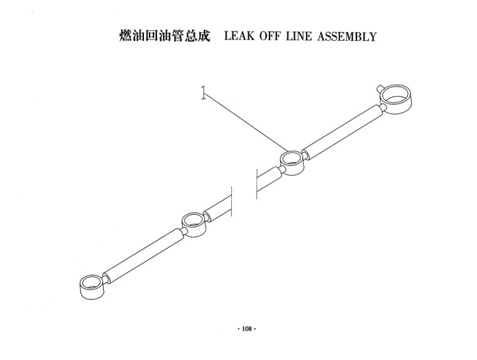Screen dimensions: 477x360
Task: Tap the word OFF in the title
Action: [x=270, y=36]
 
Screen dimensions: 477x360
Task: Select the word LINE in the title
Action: [x=299, y=36]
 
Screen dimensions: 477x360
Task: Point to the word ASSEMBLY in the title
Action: [x=347, y=36]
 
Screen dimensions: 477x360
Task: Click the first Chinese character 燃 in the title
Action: [x=126, y=36]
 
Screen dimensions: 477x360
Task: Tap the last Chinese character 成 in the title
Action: [x=204, y=36]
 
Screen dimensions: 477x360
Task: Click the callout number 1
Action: [x=203, y=92]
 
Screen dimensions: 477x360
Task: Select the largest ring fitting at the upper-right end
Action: [x=395, y=100]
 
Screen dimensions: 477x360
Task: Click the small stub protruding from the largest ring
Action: [x=380, y=89]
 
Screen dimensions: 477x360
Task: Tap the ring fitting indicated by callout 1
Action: [x=292, y=163]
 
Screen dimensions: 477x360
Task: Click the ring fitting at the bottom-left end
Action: [x=92, y=287]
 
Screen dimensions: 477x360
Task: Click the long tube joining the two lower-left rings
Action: [x=143, y=256]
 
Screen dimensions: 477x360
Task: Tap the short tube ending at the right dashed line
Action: [x=269, y=180]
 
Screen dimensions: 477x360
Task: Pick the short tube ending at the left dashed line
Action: [x=218, y=210]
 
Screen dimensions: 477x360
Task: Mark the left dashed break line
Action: [x=231, y=201]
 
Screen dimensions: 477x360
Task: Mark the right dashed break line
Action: [x=257, y=185]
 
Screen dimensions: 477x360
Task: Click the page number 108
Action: [x=247, y=329]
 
